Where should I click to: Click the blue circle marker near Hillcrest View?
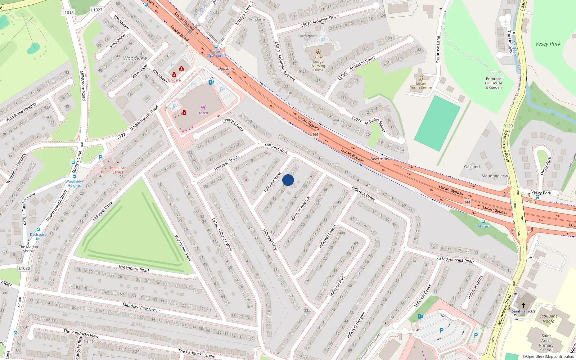pyautogui.click(x=288, y=180)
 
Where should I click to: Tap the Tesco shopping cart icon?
pyautogui.click(x=203, y=107)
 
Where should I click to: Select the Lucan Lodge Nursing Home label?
pyautogui.click(x=318, y=63)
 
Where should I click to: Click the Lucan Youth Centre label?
pyautogui.click(x=421, y=85)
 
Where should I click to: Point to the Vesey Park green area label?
pyautogui.click(x=548, y=44)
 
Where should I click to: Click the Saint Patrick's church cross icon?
pyautogui.click(x=523, y=305)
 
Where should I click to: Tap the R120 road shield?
pyautogui.click(x=508, y=126)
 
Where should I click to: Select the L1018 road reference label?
pyautogui.click(x=68, y=13)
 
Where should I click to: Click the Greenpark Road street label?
pyautogui.click(x=134, y=268)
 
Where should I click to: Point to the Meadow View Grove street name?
pyautogui.click(x=141, y=307)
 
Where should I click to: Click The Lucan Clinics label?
pyautogui.click(x=118, y=170)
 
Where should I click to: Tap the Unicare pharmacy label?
pyautogui.click(x=174, y=80)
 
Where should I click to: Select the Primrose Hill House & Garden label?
pyautogui.click(x=494, y=83)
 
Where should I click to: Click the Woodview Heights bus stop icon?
pyautogui.click(x=74, y=176)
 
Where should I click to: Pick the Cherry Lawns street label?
pyautogui.click(x=233, y=124)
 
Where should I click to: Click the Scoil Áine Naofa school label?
pyautogui.click(x=548, y=319)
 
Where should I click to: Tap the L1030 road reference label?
pyautogui.click(x=24, y=268)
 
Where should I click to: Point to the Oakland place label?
pyautogui.click(x=472, y=167)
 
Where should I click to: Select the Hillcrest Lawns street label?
pyautogui.click(x=327, y=237)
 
